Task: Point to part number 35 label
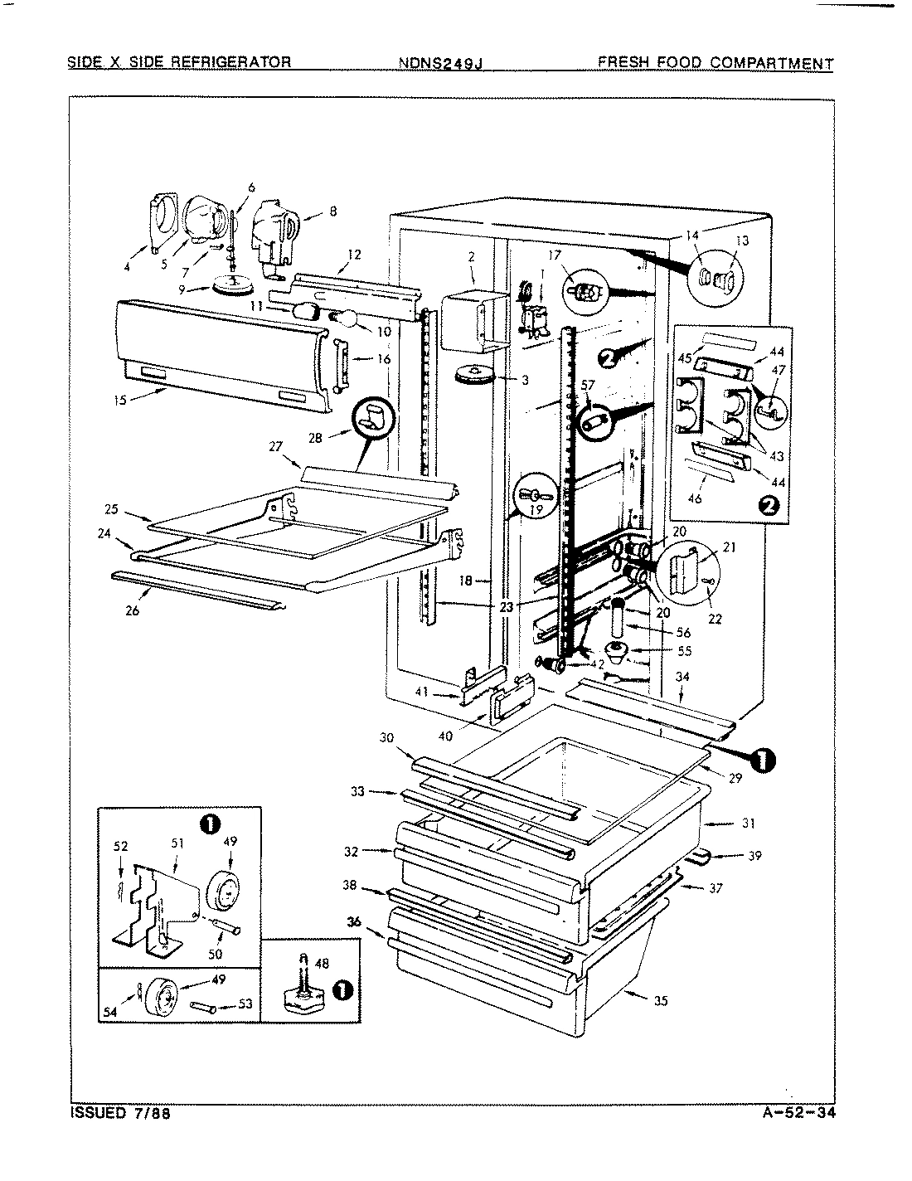pyautogui.click(x=660, y=1001)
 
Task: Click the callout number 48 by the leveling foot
pyautogui.click(x=322, y=964)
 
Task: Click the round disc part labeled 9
pyautogui.click(x=233, y=287)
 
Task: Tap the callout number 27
pyautogui.click(x=275, y=445)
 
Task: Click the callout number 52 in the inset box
pyautogui.click(x=121, y=847)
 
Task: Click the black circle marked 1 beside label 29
pyautogui.click(x=763, y=757)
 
